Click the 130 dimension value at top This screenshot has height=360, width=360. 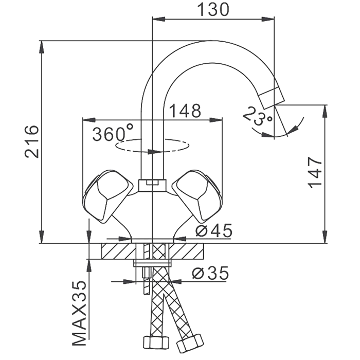point(213,10)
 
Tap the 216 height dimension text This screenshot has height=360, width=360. point(31,141)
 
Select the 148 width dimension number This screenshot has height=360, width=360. point(185,111)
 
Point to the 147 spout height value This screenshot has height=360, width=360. point(315,173)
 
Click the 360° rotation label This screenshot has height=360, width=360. point(113,133)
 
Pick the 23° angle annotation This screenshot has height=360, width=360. point(258,116)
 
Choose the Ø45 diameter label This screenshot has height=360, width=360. point(214,231)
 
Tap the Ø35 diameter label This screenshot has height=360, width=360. point(210,273)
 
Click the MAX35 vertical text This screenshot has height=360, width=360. point(79,313)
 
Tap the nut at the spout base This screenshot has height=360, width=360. point(152,185)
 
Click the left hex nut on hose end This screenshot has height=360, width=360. point(155,343)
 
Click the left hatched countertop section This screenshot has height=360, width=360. point(118,251)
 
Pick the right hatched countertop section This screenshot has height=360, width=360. point(186,251)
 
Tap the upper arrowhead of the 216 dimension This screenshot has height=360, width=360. point(42,47)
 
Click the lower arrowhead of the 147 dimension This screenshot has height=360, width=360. point(325,237)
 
